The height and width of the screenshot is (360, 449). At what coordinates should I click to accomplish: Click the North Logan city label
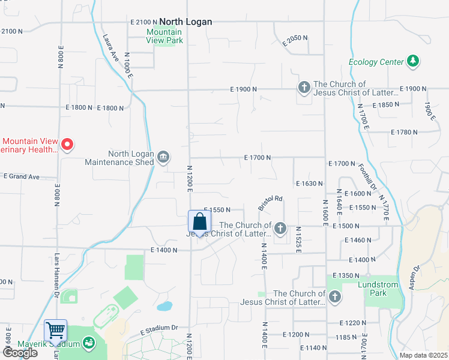click(x=185, y=22)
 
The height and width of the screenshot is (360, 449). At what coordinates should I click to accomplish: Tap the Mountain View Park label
click(x=164, y=36)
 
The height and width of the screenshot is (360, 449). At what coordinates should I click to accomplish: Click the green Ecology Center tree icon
click(x=412, y=61)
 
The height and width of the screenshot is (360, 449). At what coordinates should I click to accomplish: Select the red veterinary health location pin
click(x=68, y=144)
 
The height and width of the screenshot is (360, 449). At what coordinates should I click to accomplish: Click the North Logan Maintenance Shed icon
click(x=163, y=158)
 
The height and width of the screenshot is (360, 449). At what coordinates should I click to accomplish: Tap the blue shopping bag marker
click(x=199, y=222)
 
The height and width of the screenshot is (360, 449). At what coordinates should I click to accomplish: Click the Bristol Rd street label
click(x=270, y=203)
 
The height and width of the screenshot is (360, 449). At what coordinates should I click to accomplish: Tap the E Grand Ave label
click(x=21, y=176)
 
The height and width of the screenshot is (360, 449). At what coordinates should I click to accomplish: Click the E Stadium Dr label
click(x=160, y=328)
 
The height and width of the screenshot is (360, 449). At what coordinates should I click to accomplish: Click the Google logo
click(x=20, y=352)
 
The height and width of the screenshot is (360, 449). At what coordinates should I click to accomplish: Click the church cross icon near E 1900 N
click(x=304, y=88)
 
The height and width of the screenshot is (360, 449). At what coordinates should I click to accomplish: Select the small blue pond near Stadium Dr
click(x=163, y=307)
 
